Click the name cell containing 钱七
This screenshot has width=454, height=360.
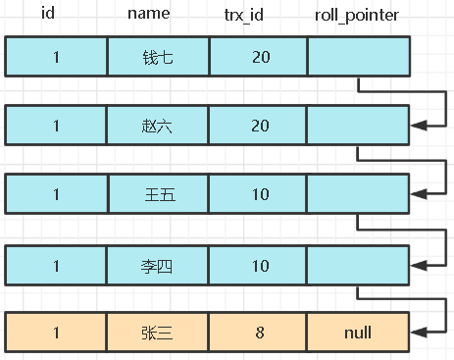157,57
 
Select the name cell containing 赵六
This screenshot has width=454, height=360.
157,126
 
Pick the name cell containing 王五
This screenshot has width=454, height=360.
157,194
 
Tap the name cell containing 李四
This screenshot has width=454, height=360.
157,263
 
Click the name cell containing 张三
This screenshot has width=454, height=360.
157,333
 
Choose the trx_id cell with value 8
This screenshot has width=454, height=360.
259,333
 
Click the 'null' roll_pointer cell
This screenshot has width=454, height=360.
358,333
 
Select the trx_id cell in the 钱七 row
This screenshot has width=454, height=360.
259,57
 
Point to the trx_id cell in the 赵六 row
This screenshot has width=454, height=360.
259,126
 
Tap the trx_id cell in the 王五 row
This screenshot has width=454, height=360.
259,194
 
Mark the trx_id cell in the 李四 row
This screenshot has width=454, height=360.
259,263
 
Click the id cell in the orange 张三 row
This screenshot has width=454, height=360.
56,333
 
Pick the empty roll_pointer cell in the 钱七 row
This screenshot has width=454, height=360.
358,57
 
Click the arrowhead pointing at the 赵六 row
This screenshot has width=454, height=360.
420,126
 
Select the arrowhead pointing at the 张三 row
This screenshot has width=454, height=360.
420,333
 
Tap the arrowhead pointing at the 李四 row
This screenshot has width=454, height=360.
420,263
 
